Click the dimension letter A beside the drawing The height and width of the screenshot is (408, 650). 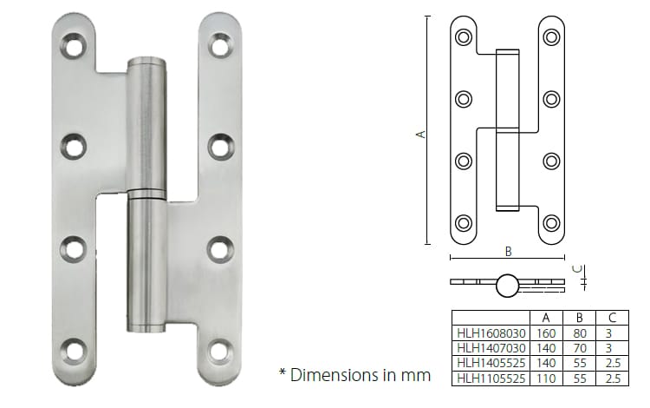click(420, 134)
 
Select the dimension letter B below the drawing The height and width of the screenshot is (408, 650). click(508, 251)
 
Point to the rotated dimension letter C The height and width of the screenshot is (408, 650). click(581, 268)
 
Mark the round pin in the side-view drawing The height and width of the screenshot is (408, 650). click(507, 282)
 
